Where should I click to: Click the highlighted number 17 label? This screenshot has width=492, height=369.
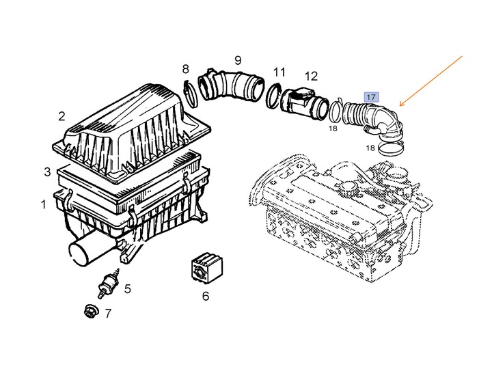pyautogui.click(x=371, y=97)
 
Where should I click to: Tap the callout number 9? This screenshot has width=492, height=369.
pyautogui.click(x=238, y=60)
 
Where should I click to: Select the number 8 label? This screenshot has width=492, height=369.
pyautogui.click(x=186, y=69)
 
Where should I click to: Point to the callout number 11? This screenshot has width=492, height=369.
pyautogui.click(x=279, y=72)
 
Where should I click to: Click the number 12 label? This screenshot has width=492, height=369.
pyautogui.click(x=311, y=76)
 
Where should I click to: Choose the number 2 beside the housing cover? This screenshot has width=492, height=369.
pyautogui.click(x=61, y=116)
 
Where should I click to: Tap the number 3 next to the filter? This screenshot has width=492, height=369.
pyautogui.click(x=47, y=172)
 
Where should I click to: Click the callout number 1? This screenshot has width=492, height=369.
pyautogui.click(x=44, y=204)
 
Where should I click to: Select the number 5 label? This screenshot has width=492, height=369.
pyautogui.click(x=127, y=288)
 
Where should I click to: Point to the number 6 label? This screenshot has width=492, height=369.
pyautogui.click(x=206, y=296)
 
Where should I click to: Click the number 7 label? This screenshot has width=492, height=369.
pyautogui.click(x=108, y=313)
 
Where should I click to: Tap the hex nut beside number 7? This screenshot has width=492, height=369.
pyautogui.click(x=92, y=311)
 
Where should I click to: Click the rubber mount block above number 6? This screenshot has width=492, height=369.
pyautogui.click(x=207, y=268)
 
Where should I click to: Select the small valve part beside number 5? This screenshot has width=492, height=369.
pyautogui.click(x=108, y=282)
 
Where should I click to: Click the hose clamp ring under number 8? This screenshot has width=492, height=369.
pyautogui.click(x=191, y=94)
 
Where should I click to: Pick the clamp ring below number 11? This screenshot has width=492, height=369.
pyautogui.click(x=273, y=96)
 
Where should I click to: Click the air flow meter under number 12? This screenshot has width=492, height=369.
pyautogui.click(x=304, y=102)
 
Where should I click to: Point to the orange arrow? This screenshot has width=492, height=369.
pyautogui.click(x=430, y=81)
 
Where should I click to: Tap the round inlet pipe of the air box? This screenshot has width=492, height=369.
pyautogui.click(x=83, y=250)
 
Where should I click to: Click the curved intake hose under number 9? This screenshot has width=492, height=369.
pyautogui.click(x=231, y=85)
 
